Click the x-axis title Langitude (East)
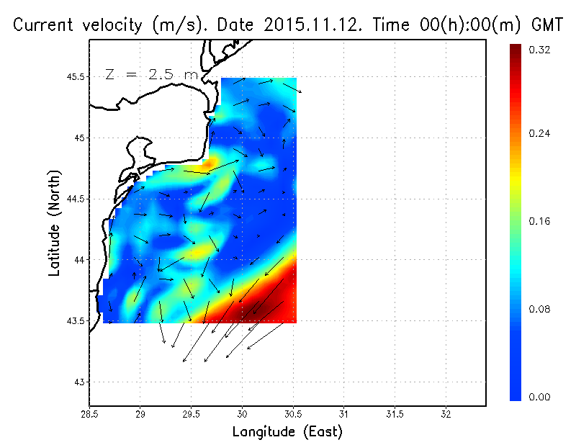click(x=287, y=432)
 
